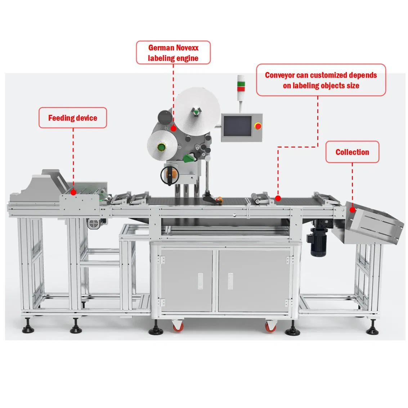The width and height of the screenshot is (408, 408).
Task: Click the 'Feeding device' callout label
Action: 73,118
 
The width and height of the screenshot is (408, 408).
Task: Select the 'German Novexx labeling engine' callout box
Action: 173,53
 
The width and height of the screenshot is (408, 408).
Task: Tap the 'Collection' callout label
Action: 352,152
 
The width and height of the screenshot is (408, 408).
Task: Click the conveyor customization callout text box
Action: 321,80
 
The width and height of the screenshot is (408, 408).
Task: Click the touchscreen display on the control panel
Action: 237,126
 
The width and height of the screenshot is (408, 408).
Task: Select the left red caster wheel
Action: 177,327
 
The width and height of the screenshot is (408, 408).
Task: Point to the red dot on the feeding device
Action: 73,192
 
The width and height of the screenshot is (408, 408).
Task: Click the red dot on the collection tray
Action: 353,210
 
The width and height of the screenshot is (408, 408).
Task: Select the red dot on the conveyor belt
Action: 278,198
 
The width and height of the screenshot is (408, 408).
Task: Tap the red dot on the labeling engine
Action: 173,127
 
